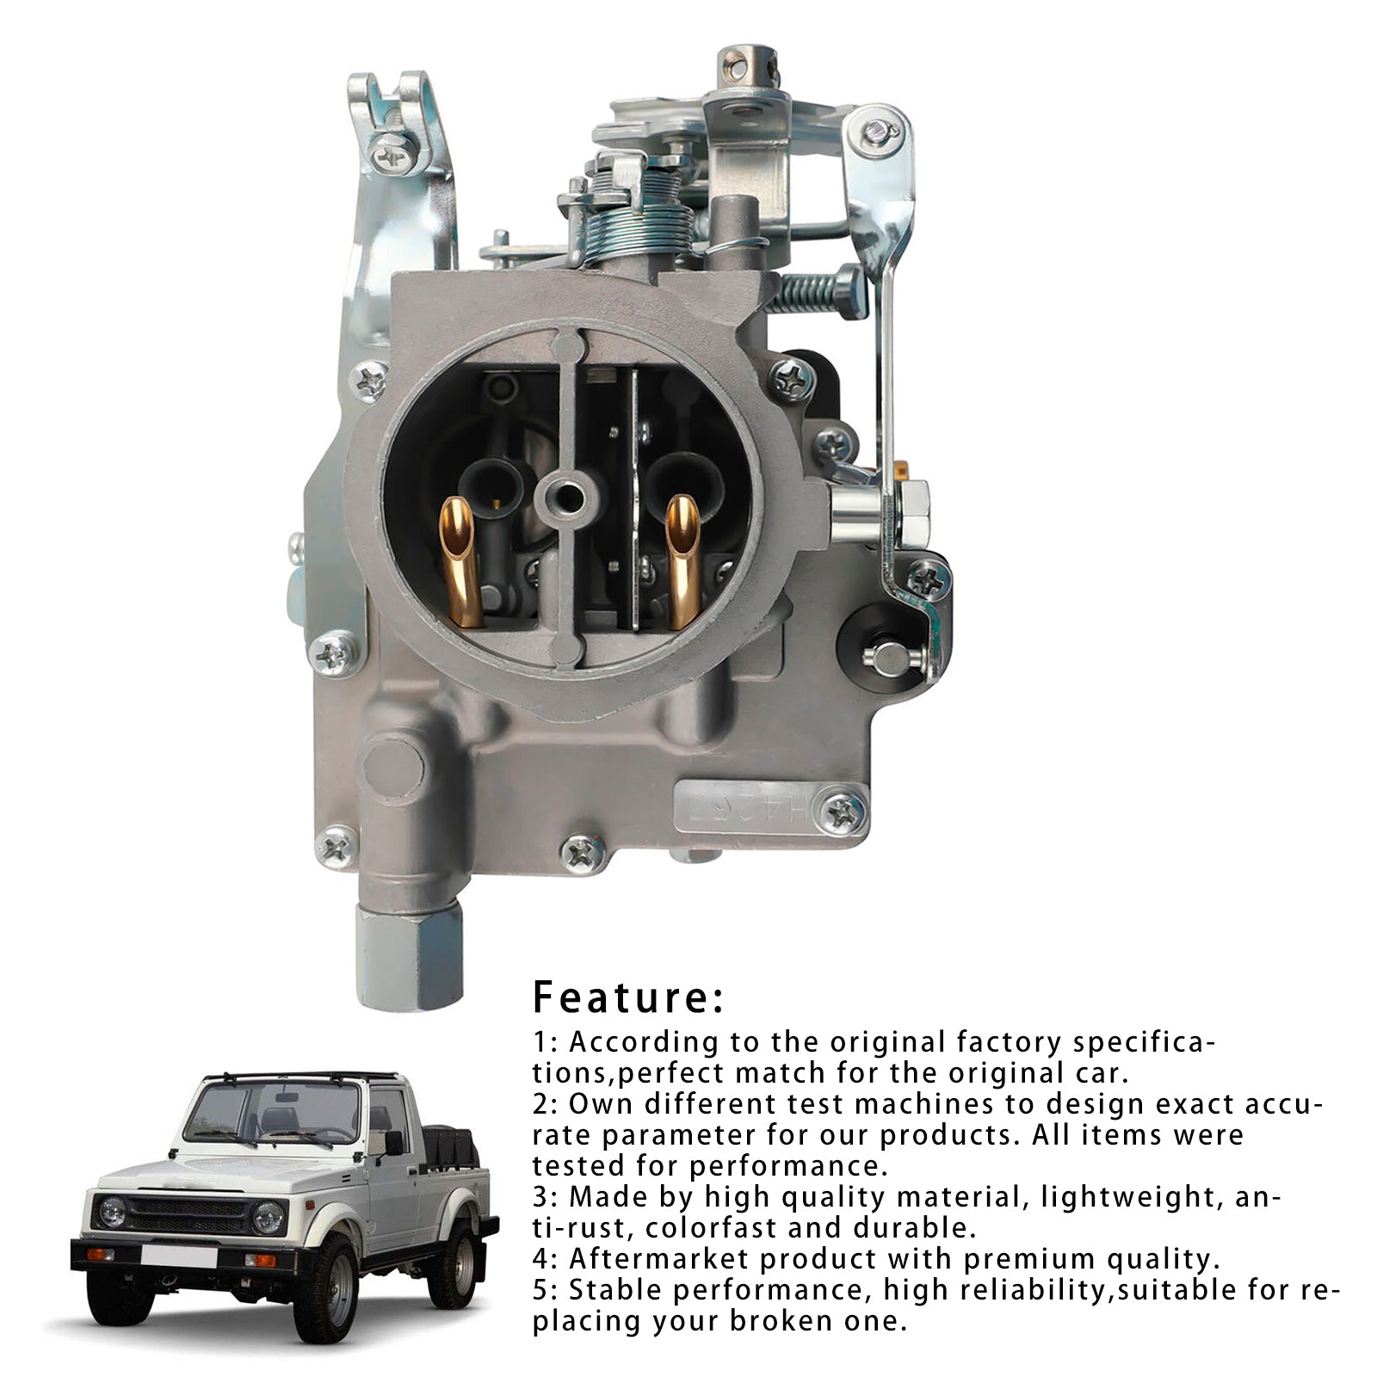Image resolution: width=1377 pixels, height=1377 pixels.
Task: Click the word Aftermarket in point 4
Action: coord(658,1259)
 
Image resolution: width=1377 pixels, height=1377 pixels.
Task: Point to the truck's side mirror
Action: coord(394,1142)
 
